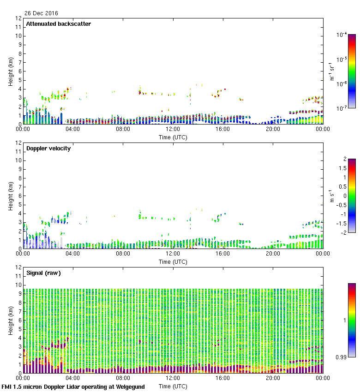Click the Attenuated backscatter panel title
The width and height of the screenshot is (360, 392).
tap(59, 24)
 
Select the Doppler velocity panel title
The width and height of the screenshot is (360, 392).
tap(48, 148)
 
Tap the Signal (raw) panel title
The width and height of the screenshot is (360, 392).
tap(43, 273)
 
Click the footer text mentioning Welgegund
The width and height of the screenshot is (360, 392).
tap(73, 387)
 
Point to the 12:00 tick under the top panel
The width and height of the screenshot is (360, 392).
tap(173, 130)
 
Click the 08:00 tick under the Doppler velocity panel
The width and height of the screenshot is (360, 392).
tap(123, 254)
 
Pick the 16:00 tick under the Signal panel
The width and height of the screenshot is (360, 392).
tap(223, 378)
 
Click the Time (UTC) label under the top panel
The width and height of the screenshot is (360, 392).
tap(173, 137)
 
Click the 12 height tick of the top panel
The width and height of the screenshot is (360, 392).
tap(19, 18)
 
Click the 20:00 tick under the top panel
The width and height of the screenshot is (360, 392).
tap(273, 130)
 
